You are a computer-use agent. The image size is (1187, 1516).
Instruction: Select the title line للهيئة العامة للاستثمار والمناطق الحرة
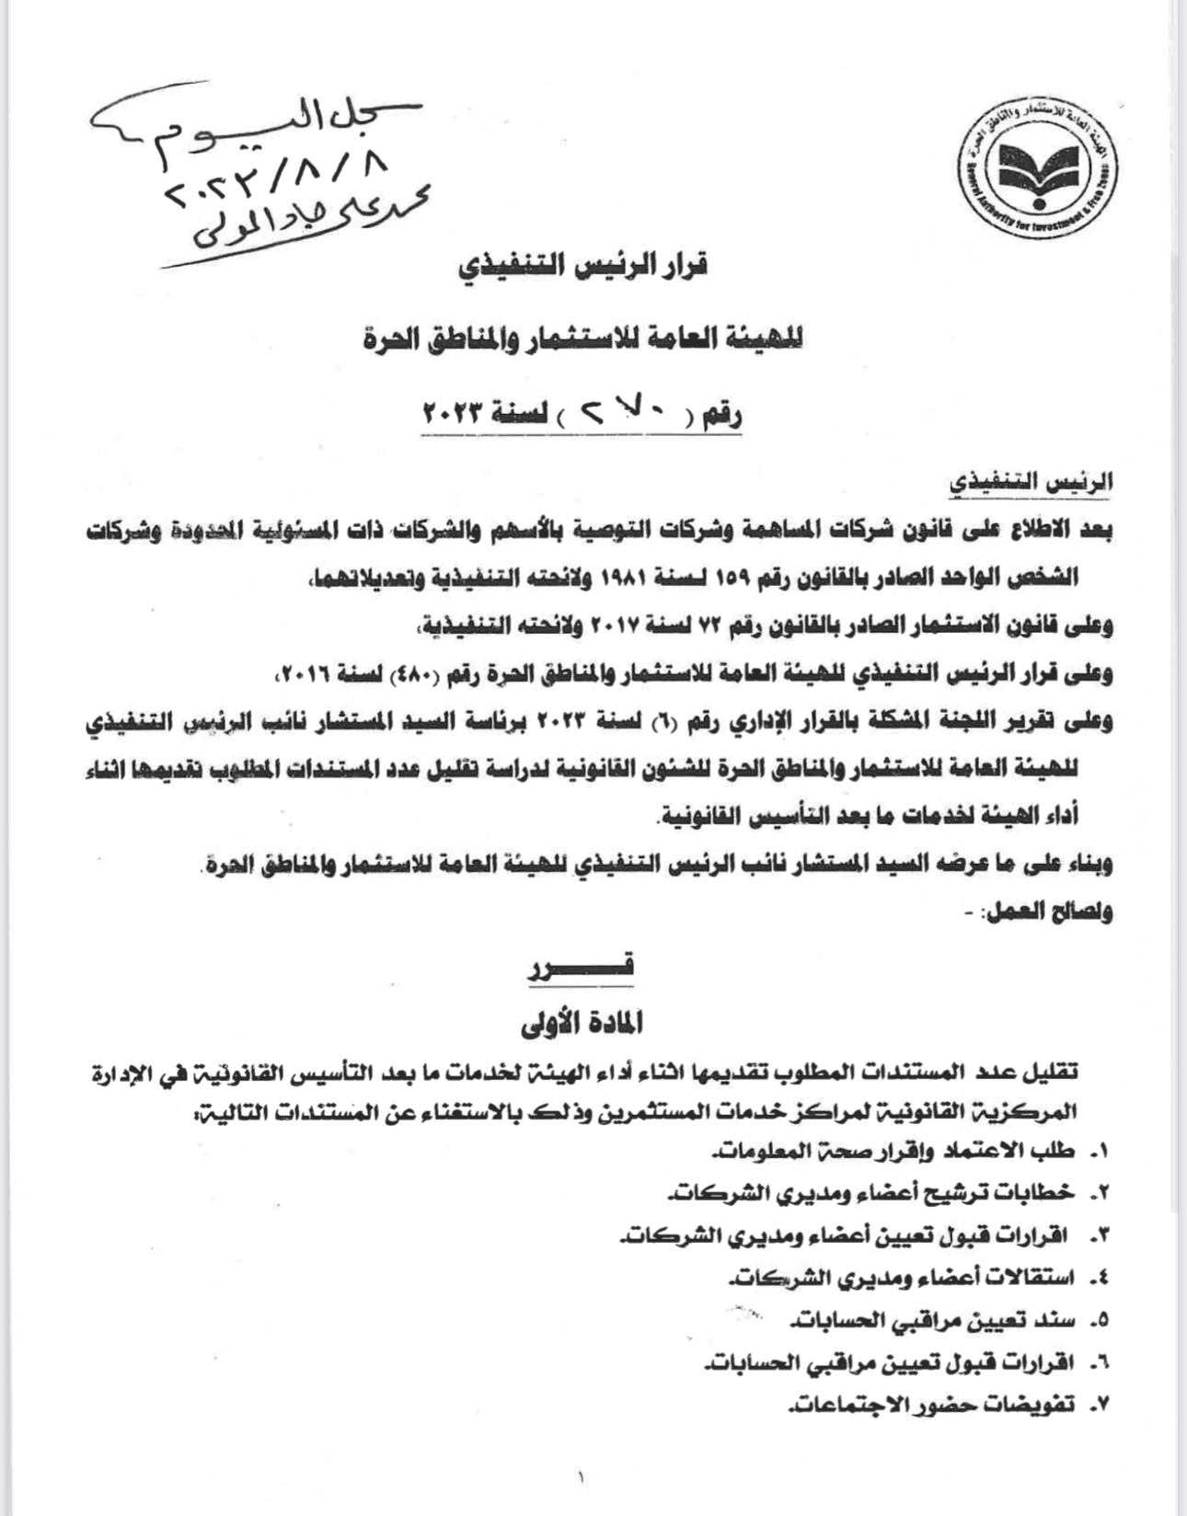point(583,339)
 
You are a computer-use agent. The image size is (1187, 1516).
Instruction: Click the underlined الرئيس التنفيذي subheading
point(1031,481)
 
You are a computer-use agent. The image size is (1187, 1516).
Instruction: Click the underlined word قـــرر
point(582,967)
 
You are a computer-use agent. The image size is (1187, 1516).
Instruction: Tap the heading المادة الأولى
point(582,1021)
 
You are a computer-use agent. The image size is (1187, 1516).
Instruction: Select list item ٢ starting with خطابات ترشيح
point(870,1193)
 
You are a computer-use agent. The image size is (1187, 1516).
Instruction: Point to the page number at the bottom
point(582,1478)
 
